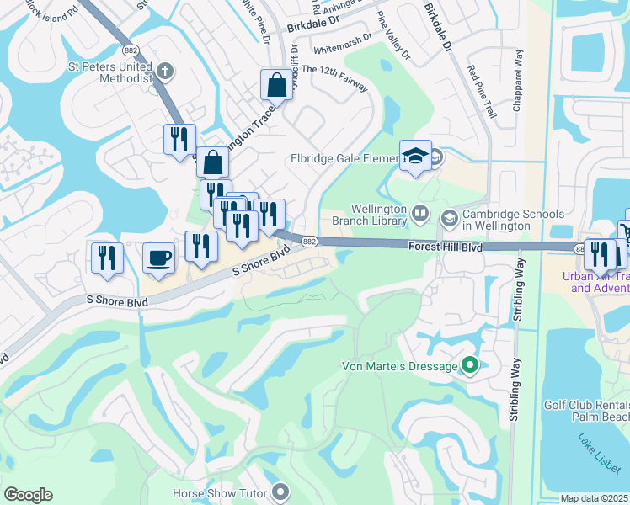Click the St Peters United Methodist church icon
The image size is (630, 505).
pyautogui.click(x=165, y=71)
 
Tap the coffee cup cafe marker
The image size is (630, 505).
pyautogui.click(x=157, y=258)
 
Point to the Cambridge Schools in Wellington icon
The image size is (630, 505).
pyautogui.click(x=449, y=218)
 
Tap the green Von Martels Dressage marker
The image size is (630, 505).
pyautogui.click(x=470, y=366)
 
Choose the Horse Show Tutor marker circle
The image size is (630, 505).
pyautogui.click(x=281, y=493)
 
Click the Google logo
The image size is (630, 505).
pyautogui.click(x=28, y=495)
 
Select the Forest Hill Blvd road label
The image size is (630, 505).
pyautogui.click(x=445, y=247)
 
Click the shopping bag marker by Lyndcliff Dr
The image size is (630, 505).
pyautogui.click(x=276, y=85)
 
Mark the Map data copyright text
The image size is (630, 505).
pyautogui.click(x=595, y=498)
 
